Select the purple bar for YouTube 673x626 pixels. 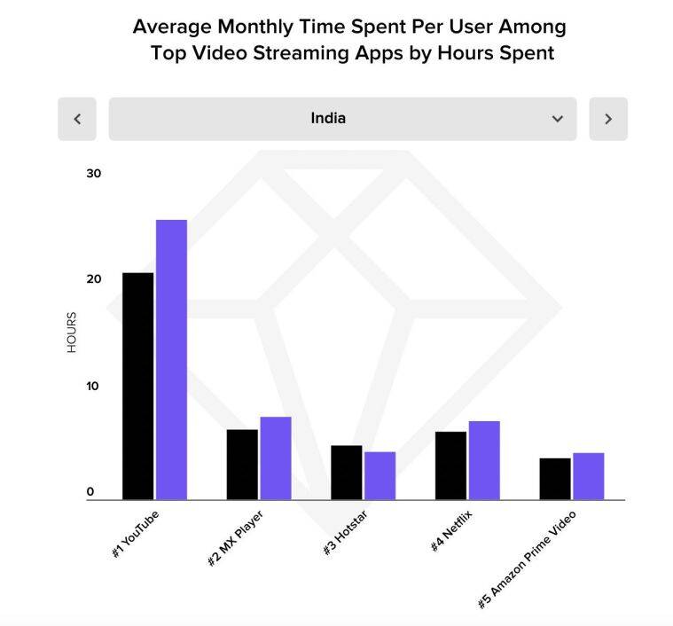point(171,359)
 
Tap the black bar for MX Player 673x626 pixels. point(242,465)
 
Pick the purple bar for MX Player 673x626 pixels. point(276,458)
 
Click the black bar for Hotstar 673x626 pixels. point(346,473)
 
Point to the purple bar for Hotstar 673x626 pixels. point(380,475)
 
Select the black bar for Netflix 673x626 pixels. point(450,466)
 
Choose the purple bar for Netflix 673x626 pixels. point(484,460)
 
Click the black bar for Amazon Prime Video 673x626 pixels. point(555,479)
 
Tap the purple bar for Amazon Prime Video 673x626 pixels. point(588,476)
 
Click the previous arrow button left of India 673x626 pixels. point(77,119)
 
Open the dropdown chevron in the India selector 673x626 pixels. point(557,119)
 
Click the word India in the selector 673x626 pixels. point(328,118)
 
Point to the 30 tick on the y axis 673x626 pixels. point(93,173)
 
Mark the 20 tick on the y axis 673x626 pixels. point(93,279)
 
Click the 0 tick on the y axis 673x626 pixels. point(90,492)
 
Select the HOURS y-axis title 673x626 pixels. point(71,333)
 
